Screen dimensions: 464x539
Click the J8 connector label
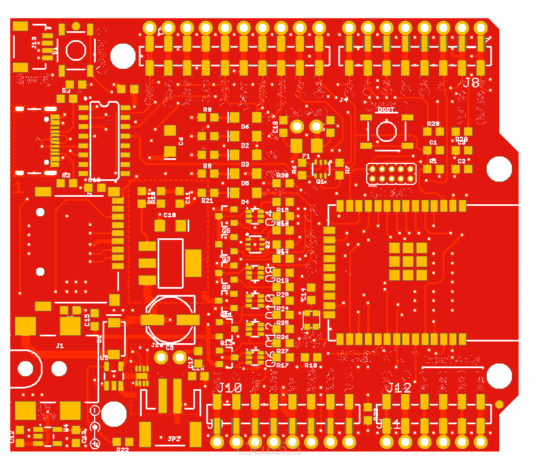click(471, 83)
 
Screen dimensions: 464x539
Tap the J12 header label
click(398, 388)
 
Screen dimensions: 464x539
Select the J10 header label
click(230, 388)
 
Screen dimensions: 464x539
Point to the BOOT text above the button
click(386, 110)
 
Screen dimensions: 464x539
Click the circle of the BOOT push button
click(386, 131)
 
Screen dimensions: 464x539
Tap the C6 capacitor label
click(181, 141)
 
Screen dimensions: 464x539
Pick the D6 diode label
click(245, 126)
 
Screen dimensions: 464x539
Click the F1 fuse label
click(306, 156)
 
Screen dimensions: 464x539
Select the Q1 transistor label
click(320, 182)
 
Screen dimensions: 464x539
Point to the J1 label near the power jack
click(60, 345)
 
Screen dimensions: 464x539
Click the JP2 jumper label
click(173, 438)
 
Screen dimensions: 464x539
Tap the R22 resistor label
click(122, 450)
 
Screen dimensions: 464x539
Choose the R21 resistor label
click(207, 200)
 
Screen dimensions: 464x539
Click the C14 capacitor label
click(303, 294)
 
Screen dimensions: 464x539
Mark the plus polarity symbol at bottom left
click(95, 443)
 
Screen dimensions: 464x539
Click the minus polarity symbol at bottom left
click(95, 410)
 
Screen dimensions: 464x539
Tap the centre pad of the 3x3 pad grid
click(408, 261)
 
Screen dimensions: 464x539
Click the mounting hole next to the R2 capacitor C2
click(499, 168)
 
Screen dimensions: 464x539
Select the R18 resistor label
click(310, 365)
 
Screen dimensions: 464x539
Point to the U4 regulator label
click(66, 428)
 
